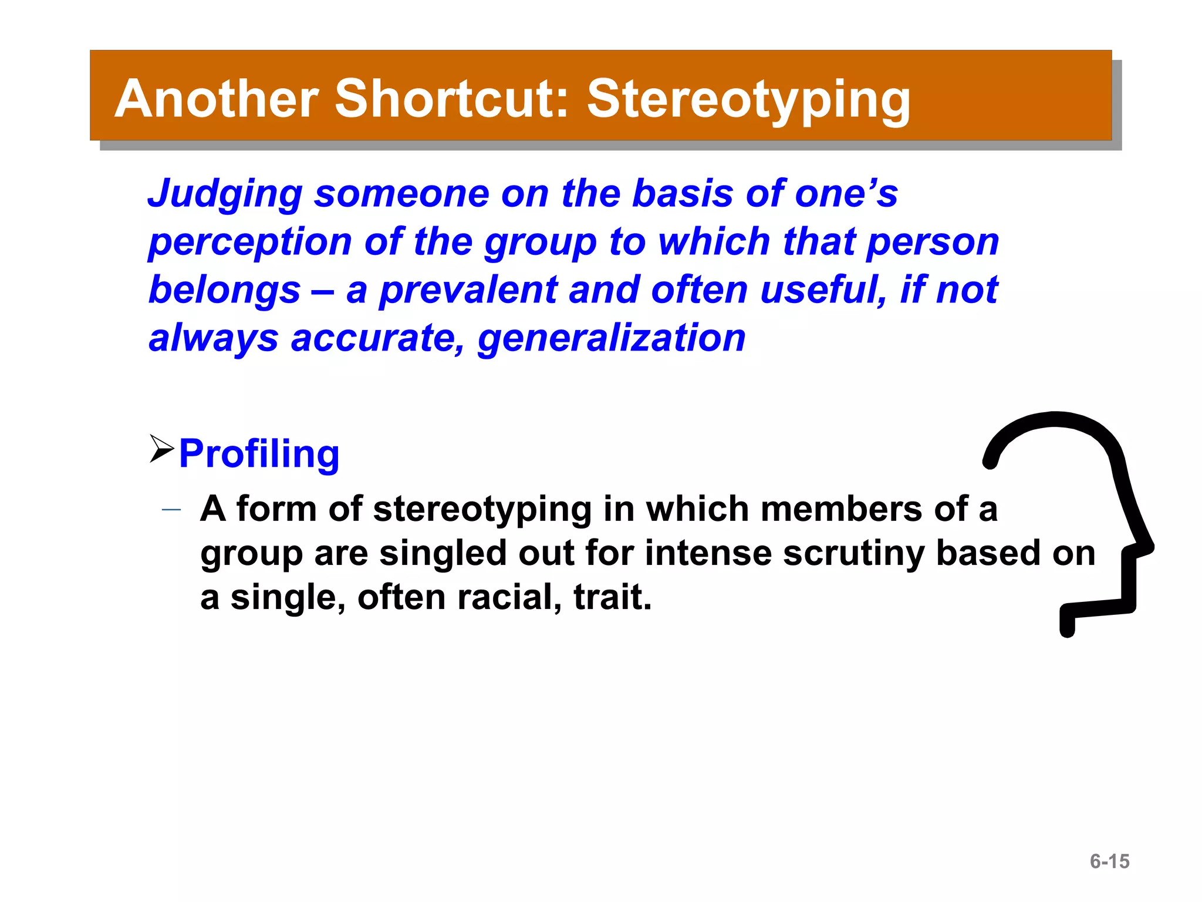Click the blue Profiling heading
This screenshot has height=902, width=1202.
click(259, 455)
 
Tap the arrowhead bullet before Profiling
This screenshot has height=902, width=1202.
click(161, 449)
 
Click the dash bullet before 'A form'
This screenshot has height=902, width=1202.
click(171, 510)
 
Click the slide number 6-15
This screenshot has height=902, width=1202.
click(1109, 861)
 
